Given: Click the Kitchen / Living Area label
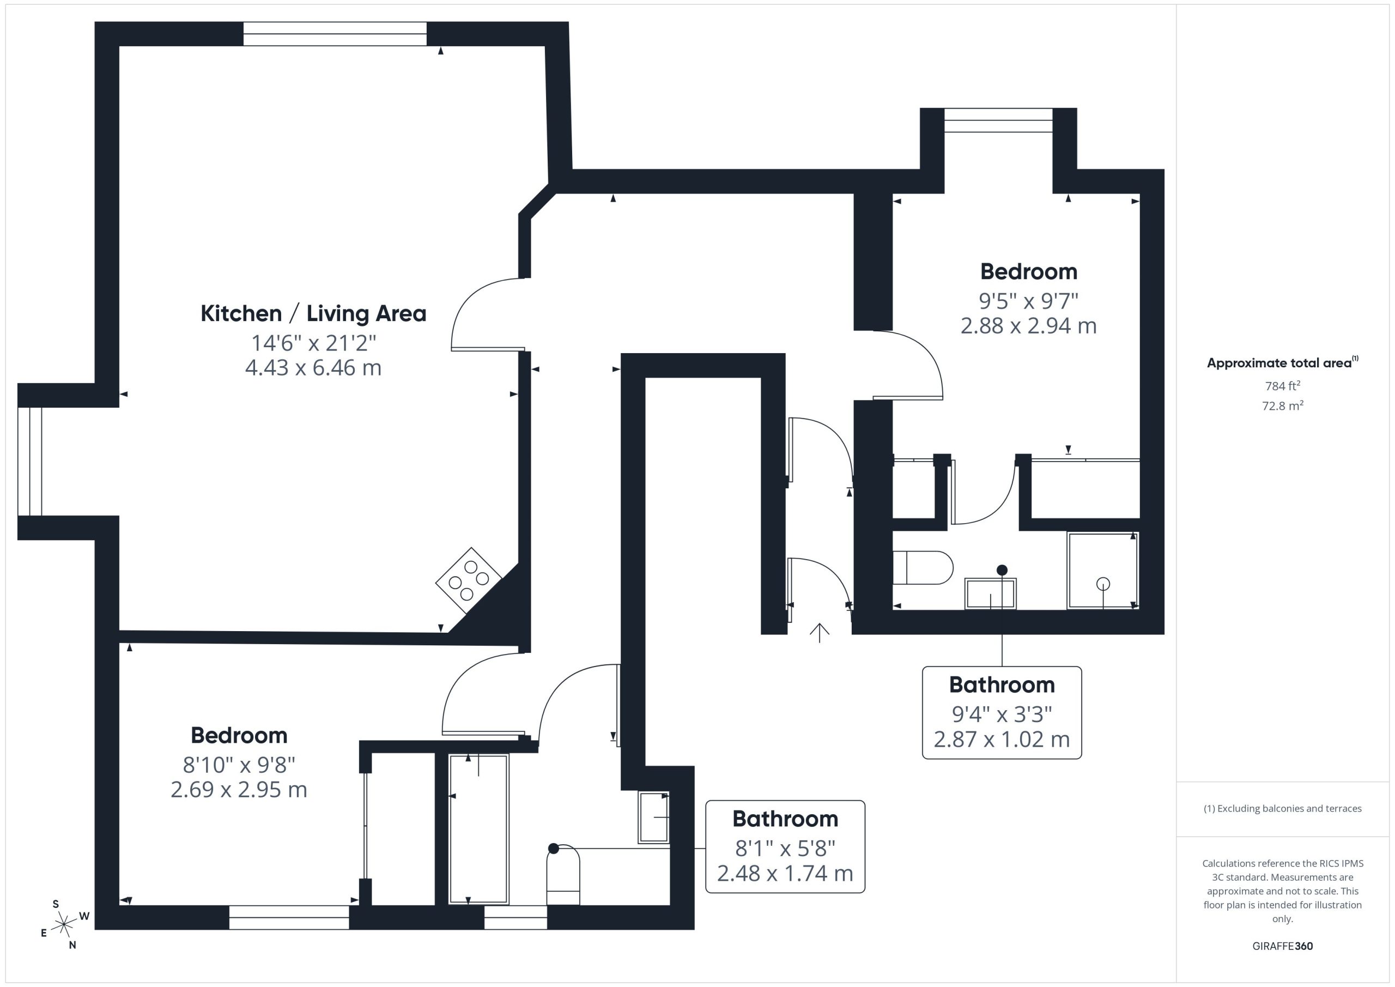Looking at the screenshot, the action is click(x=313, y=313).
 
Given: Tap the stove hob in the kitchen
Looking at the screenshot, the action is click(x=469, y=580).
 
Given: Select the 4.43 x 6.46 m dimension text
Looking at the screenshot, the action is click(x=313, y=368).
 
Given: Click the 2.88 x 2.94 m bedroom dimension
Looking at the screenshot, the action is click(x=1029, y=326).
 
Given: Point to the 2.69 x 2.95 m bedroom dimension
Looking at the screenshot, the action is click(x=239, y=790).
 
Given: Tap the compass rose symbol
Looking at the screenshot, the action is click(x=63, y=925).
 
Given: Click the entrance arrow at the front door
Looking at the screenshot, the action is click(x=820, y=633).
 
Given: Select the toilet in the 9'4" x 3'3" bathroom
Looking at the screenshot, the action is click(x=923, y=568).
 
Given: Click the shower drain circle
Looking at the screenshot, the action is click(x=1103, y=584).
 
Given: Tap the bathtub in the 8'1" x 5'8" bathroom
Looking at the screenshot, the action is click(x=479, y=829).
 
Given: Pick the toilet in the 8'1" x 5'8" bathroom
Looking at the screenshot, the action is click(x=563, y=876).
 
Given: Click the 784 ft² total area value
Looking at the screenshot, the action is click(x=1283, y=385).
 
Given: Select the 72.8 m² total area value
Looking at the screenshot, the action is click(x=1283, y=405).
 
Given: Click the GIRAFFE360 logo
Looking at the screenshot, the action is click(x=1283, y=946).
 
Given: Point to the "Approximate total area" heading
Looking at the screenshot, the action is click(x=1283, y=363).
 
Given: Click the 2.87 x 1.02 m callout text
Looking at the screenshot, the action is click(x=1002, y=739).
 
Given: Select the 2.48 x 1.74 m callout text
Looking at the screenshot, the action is click(x=785, y=873).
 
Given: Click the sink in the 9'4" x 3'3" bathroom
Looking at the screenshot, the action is click(x=990, y=593).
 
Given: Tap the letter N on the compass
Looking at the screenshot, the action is click(x=72, y=945).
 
